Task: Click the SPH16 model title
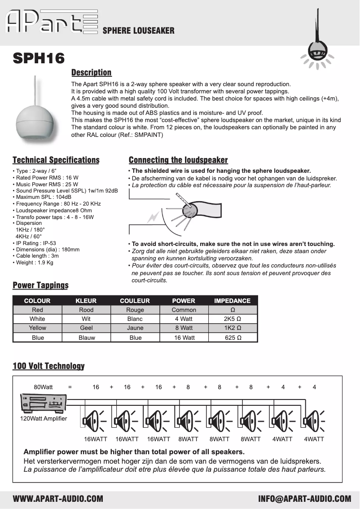coord(39,58)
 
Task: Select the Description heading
coord(92,73)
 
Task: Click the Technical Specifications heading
coord(56,160)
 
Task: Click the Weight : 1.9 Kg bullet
coord(34,263)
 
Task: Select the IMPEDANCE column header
coord(232,301)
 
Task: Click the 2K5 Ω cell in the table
coord(233,319)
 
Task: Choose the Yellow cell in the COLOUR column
coord(37,328)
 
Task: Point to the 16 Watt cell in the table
coord(184,338)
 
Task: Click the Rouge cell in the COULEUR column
coord(135,310)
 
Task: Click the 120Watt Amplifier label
coord(44,418)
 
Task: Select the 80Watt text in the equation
coord(43,387)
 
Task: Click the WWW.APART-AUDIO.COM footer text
coord(58,499)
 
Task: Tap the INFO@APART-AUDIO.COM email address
coord(304,499)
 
